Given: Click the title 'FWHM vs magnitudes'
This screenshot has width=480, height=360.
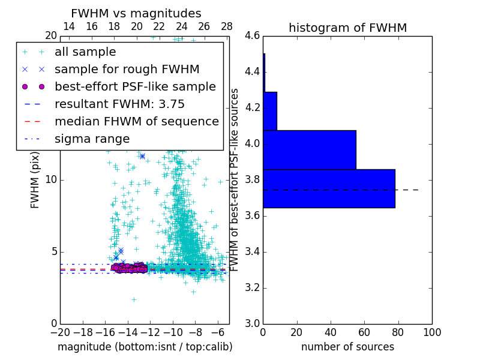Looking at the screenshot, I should point(136,13).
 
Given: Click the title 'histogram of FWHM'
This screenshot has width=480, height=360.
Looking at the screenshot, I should point(347,28).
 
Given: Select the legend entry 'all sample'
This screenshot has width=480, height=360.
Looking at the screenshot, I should point(85,52).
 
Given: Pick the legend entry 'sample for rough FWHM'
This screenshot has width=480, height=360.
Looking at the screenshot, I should point(127,69).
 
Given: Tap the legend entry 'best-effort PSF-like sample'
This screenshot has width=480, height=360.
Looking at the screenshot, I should point(135,86).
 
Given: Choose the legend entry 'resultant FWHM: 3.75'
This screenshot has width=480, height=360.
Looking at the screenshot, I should point(119,104).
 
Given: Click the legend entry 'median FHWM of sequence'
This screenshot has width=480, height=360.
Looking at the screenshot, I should point(136,121).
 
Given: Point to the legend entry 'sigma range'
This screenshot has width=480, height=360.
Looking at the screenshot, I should point(92,139).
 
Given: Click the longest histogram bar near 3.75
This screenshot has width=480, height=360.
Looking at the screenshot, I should point(329,188).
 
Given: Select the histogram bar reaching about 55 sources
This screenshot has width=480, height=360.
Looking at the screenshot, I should point(309,150).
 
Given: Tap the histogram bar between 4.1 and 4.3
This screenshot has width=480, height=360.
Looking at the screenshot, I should point(269,111).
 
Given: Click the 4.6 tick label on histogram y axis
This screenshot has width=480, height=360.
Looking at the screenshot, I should point(252,36).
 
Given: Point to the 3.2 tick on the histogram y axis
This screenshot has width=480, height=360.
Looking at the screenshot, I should point(252,287).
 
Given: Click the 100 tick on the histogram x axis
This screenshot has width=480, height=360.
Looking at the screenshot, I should point(431,332).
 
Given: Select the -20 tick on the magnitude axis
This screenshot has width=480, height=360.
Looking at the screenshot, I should point(60,332).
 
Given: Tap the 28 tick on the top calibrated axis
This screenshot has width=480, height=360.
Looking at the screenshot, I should point(227,26).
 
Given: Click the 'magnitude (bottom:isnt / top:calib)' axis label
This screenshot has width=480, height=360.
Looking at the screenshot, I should point(145,347).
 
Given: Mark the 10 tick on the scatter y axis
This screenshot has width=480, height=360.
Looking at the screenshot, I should point(52,179).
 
